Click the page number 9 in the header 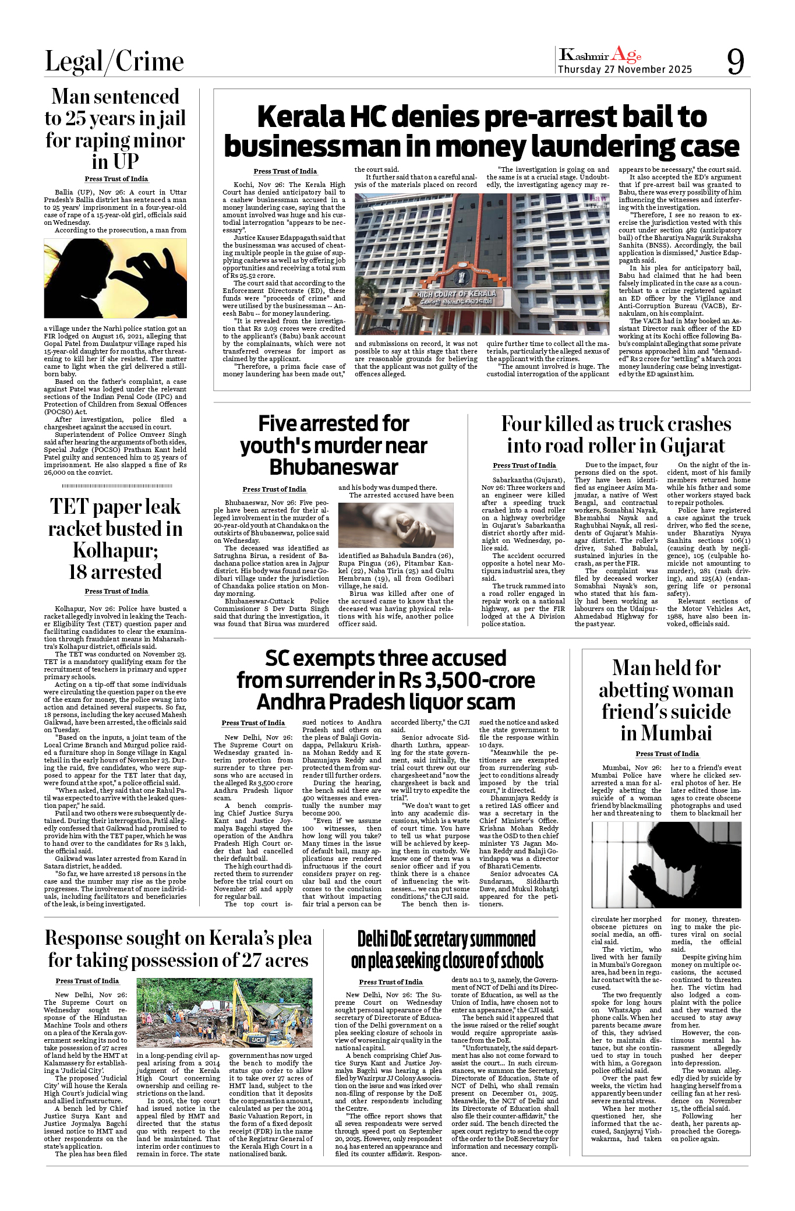click(735, 61)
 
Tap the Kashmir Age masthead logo click(600, 55)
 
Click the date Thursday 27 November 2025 click(625, 70)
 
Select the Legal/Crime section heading click(114, 62)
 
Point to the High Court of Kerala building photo click(482, 256)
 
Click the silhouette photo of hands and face click(115, 278)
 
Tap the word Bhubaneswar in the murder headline click(334, 467)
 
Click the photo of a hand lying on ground click(395, 525)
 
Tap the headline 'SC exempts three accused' click(385, 659)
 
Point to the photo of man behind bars click(666, 865)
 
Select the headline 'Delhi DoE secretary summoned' click(447, 940)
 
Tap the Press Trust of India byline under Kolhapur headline click(116, 591)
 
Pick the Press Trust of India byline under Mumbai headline click(667, 754)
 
